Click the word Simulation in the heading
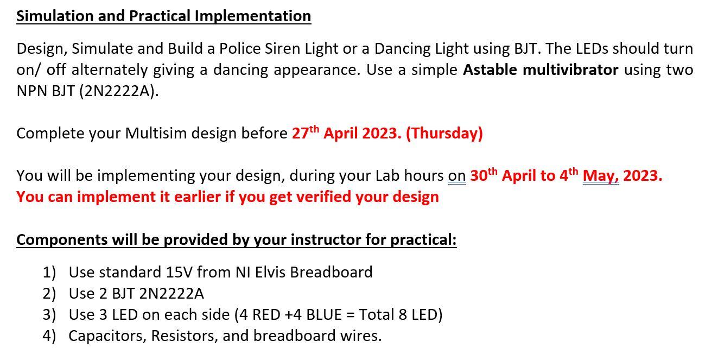pos(54,16)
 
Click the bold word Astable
pos(490,70)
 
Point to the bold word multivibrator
pos(570,70)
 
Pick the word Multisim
pos(156,134)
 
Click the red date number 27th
pos(306,132)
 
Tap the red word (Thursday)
pos(444,134)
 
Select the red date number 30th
pos(484,175)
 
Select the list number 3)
pos(49,315)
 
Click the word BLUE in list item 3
pos(324,315)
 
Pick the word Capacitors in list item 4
pos(107,336)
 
